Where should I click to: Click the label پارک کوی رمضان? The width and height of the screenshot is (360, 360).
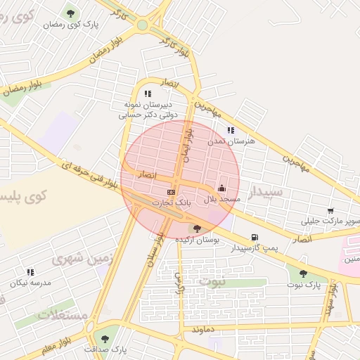pyautogui.click(x=71, y=25)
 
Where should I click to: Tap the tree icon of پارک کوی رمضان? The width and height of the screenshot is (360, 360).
pyautogui.click(x=70, y=13)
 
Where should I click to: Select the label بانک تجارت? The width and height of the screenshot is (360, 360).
pyautogui.click(x=173, y=202)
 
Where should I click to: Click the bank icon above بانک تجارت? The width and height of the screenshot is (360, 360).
pyautogui.click(x=171, y=192)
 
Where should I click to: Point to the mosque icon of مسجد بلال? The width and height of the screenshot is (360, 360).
pyautogui.click(x=222, y=188)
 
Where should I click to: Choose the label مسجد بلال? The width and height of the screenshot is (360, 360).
pyautogui.click(x=222, y=199)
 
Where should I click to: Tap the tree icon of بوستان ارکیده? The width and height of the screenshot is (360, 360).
pyautogui.click(x=197, y=229)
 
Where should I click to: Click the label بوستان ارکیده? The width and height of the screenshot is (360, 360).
pyautogui.click(x=198, y=240)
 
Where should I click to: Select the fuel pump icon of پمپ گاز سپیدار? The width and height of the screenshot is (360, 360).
pyautogui.click(x=254, y=237)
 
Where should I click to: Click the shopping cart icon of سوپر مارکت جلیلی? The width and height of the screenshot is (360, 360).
pyautogui.click(x=330, y=210)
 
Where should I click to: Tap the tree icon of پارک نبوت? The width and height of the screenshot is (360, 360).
pyautogui.click(x=303, y=274)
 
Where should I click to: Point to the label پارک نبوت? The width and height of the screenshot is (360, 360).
pyautogui.click(x=304, y=285)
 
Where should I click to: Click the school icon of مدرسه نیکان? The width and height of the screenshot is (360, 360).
pyautogui.click(x=30, y=271)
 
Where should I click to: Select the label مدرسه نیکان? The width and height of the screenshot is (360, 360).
pyautogui.click(x=30, y=283)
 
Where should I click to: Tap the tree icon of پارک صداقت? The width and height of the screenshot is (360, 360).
pyautogui.click(x=105, y=338)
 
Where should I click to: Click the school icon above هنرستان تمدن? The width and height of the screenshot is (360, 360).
pyautogui.click(x=231, y=130)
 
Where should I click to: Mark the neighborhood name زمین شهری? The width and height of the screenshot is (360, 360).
pyautogui.click(x=82, y=258)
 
